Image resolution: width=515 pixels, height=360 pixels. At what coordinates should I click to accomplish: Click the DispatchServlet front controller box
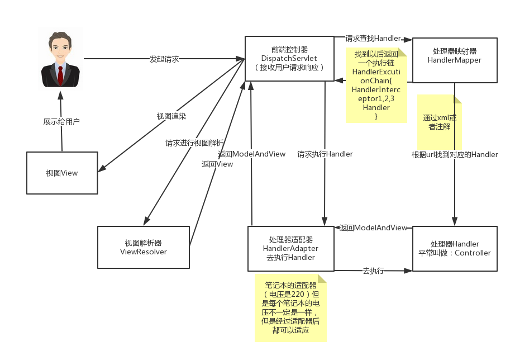tap(289, 58)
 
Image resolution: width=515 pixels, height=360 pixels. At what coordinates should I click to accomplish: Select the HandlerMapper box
tap(454, 60)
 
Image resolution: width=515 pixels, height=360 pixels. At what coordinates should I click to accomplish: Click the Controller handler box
tap(454, 248)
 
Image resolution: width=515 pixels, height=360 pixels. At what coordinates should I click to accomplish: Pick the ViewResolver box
tap(144, 247)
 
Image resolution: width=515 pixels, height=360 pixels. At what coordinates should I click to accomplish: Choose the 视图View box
tap(62, 173)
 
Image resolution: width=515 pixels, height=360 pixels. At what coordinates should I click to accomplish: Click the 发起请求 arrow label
tap(164, 59)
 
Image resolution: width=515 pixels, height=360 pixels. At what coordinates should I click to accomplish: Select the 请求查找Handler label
tap(373, 39)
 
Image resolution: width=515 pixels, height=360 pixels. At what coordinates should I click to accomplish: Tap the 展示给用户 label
tap(61, 121)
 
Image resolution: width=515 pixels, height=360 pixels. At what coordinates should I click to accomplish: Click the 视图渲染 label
tap(171, 116)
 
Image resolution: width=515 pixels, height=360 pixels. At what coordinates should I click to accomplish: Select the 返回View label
tap(217, 164)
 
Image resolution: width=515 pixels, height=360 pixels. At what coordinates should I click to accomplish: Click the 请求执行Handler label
tap(325, 154)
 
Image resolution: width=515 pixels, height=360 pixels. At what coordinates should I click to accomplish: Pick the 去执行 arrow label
tap(373, 271)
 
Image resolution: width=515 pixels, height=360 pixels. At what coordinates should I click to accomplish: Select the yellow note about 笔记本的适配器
tap(290, 307)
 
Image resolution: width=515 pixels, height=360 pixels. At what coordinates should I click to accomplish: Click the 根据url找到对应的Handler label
tap(455, 155)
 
